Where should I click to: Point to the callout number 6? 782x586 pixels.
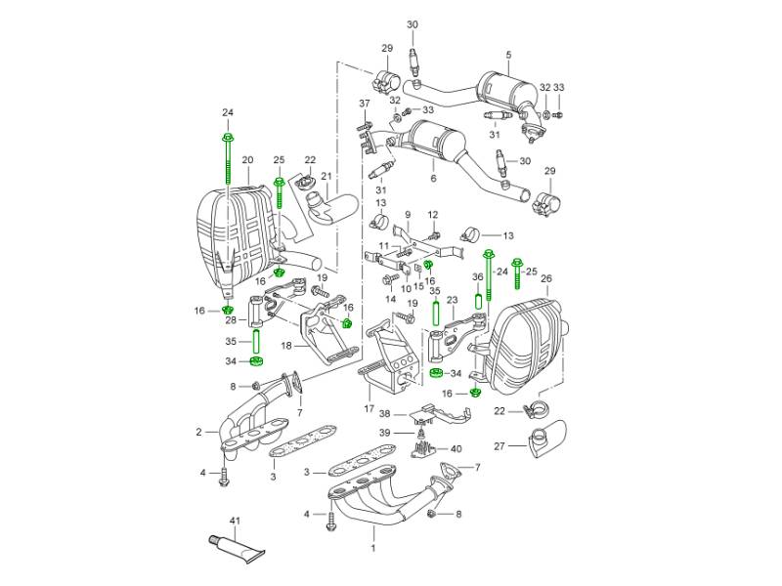433,180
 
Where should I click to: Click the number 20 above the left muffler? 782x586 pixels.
247,159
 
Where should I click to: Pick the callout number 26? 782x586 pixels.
545,277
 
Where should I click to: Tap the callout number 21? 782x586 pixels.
327,178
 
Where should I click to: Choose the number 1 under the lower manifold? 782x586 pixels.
373,534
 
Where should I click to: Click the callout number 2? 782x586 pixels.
199,431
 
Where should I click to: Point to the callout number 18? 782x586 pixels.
286,345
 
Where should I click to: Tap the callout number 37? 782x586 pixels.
364,104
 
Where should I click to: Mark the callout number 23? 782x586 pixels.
452,299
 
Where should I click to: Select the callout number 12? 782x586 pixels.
433,214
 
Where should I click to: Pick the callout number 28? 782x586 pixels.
231,320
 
